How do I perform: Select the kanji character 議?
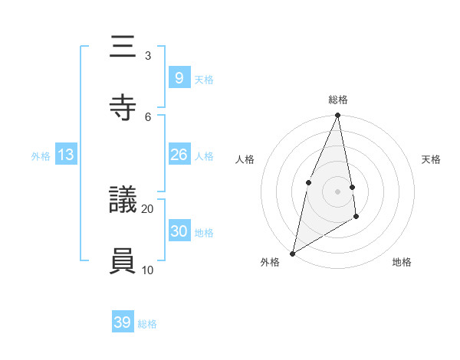(x=123, y=200)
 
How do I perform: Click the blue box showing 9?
(x=179, y=77)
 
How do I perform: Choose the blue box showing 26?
(x=179, y=155)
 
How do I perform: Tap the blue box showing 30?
(x=179, y=231)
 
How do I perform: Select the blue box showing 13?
(x=66, y=155)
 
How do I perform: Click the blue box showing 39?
(x=123, y=322)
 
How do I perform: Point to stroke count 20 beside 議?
(x=148, y=208)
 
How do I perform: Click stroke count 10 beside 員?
(x=148, y=270)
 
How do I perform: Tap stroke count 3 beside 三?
(x=148, y=55)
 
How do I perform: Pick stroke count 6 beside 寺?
(x=148, y=116)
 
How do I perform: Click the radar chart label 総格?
(x=338, y=100)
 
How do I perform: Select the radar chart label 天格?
(x=432, y=159)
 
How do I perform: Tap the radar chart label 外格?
(x=270, y=262)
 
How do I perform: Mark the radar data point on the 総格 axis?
(x=338, y=116)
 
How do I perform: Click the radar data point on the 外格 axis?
(x=292, y=253)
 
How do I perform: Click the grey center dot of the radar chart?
(x=338, y=191)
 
